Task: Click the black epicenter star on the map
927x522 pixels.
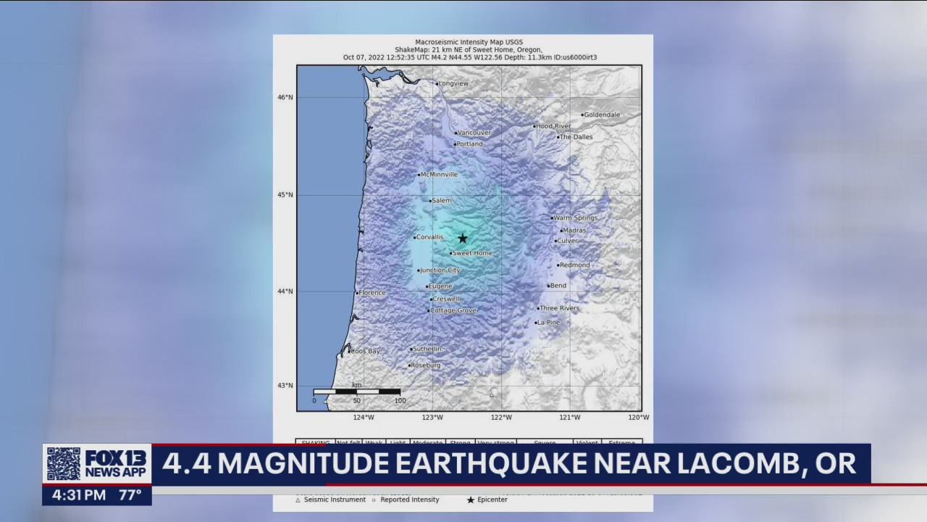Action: click(463, 239)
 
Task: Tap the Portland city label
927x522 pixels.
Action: click(469, 144)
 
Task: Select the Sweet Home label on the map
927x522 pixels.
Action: click(472, 253)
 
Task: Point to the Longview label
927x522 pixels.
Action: click(453, 83)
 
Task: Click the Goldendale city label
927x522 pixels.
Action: click(602, 115)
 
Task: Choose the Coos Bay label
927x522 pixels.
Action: click(366, 351)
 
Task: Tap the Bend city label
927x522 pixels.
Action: click(558, 286)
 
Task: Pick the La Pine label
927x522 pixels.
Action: click(548, 323)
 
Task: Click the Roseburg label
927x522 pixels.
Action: click(426, 365)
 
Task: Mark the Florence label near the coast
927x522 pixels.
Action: click(372, 293)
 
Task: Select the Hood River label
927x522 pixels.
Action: click(553, 126)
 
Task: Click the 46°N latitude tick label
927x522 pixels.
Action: click(285, 97)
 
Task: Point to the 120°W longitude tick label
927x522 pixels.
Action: click(638, 418)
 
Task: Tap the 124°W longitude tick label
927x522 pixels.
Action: click(364, 418)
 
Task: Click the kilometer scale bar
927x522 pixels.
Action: click(356, 392)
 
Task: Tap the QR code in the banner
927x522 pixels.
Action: click(64, 464)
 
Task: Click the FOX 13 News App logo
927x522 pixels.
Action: click(116, 464)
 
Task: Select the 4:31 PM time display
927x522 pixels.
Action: click(79, 495)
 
